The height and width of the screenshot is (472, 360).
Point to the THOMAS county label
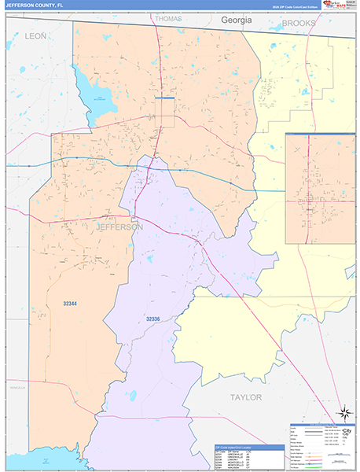click(x=168, y=18)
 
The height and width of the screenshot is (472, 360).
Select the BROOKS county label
click(x=299, y=24)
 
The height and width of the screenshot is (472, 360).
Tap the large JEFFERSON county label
click(x=119, y=227)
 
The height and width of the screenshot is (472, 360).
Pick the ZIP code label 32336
click(x=152, y=319)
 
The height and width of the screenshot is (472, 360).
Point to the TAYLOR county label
click(x=245, y=397)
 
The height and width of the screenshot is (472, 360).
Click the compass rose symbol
click(x=343, y=412)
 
